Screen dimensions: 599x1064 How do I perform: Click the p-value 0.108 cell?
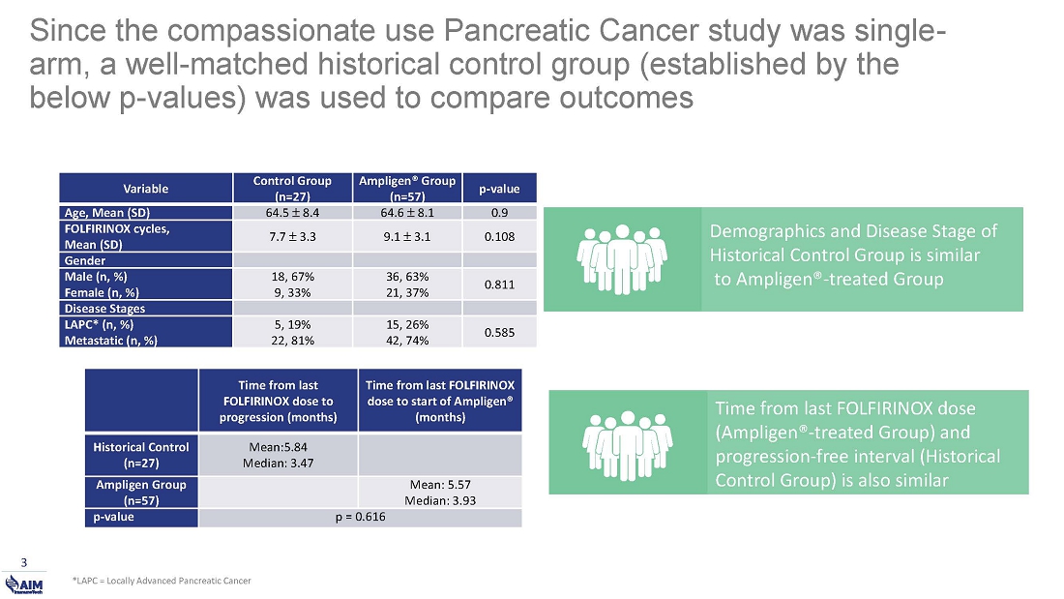click(499, 235)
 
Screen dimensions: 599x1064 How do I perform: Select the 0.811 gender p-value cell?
click(499, 285)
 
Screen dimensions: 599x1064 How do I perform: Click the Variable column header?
click(146, 189)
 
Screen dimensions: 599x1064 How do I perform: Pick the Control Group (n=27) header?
click(292, 189)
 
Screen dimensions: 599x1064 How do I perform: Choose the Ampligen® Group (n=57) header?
click(407, 189)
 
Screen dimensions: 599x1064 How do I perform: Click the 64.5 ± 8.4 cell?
click(292, 213)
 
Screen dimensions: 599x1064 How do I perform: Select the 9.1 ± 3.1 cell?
click(407, 235)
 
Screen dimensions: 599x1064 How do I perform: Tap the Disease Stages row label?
click(102, 308)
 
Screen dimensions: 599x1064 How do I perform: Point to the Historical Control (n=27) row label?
click(141, 454)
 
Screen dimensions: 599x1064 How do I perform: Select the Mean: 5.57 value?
click(440, 484)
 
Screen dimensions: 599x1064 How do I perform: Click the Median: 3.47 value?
click(278, 462)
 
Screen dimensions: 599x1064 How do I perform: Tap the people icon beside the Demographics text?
click(623, 258)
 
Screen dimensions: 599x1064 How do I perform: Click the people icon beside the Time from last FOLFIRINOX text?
click(629, 442)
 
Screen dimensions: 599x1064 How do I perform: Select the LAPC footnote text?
click(162, 581)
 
